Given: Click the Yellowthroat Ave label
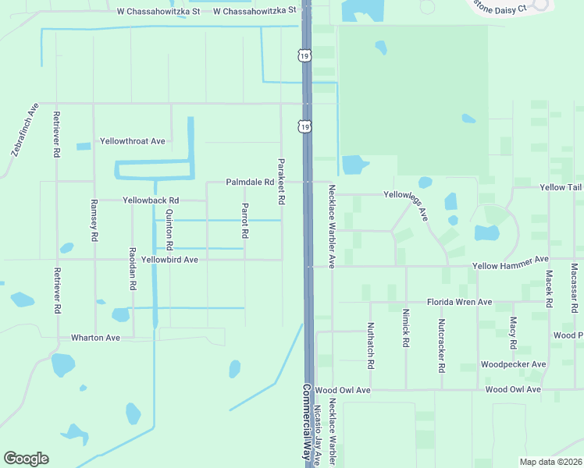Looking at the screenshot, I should pyautogui.click(x=132, y=141).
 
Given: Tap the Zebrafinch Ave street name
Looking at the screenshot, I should pyautogui.click(x=26, y=129).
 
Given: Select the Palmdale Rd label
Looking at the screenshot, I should pyautogui.click(x=250, y=182).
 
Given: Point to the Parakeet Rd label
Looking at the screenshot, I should pyautogui.click(x=280, y=182).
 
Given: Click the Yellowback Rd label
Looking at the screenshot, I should pyautogui.click(x=151, y=200).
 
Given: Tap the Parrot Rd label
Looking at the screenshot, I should pyautogui.click(x=245, y=221).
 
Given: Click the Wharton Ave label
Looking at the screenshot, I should pyautogui.click(x=95, y=338).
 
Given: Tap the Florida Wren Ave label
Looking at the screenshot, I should pyautogui.click(x=459, y=302).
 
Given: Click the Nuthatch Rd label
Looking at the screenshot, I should pyautogui.click(x=370, y=346).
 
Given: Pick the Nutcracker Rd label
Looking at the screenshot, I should pyautogui.click(x=441, y=343).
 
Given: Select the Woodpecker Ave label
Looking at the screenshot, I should pyautogui.click(x=513, y=364).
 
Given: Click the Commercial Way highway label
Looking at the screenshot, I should pyautogui.click(x=308, y=421).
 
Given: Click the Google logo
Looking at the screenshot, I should pyautogui.click(x=26, y=459).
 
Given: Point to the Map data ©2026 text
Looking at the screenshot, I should pyautogui.click(x=551, y=462).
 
